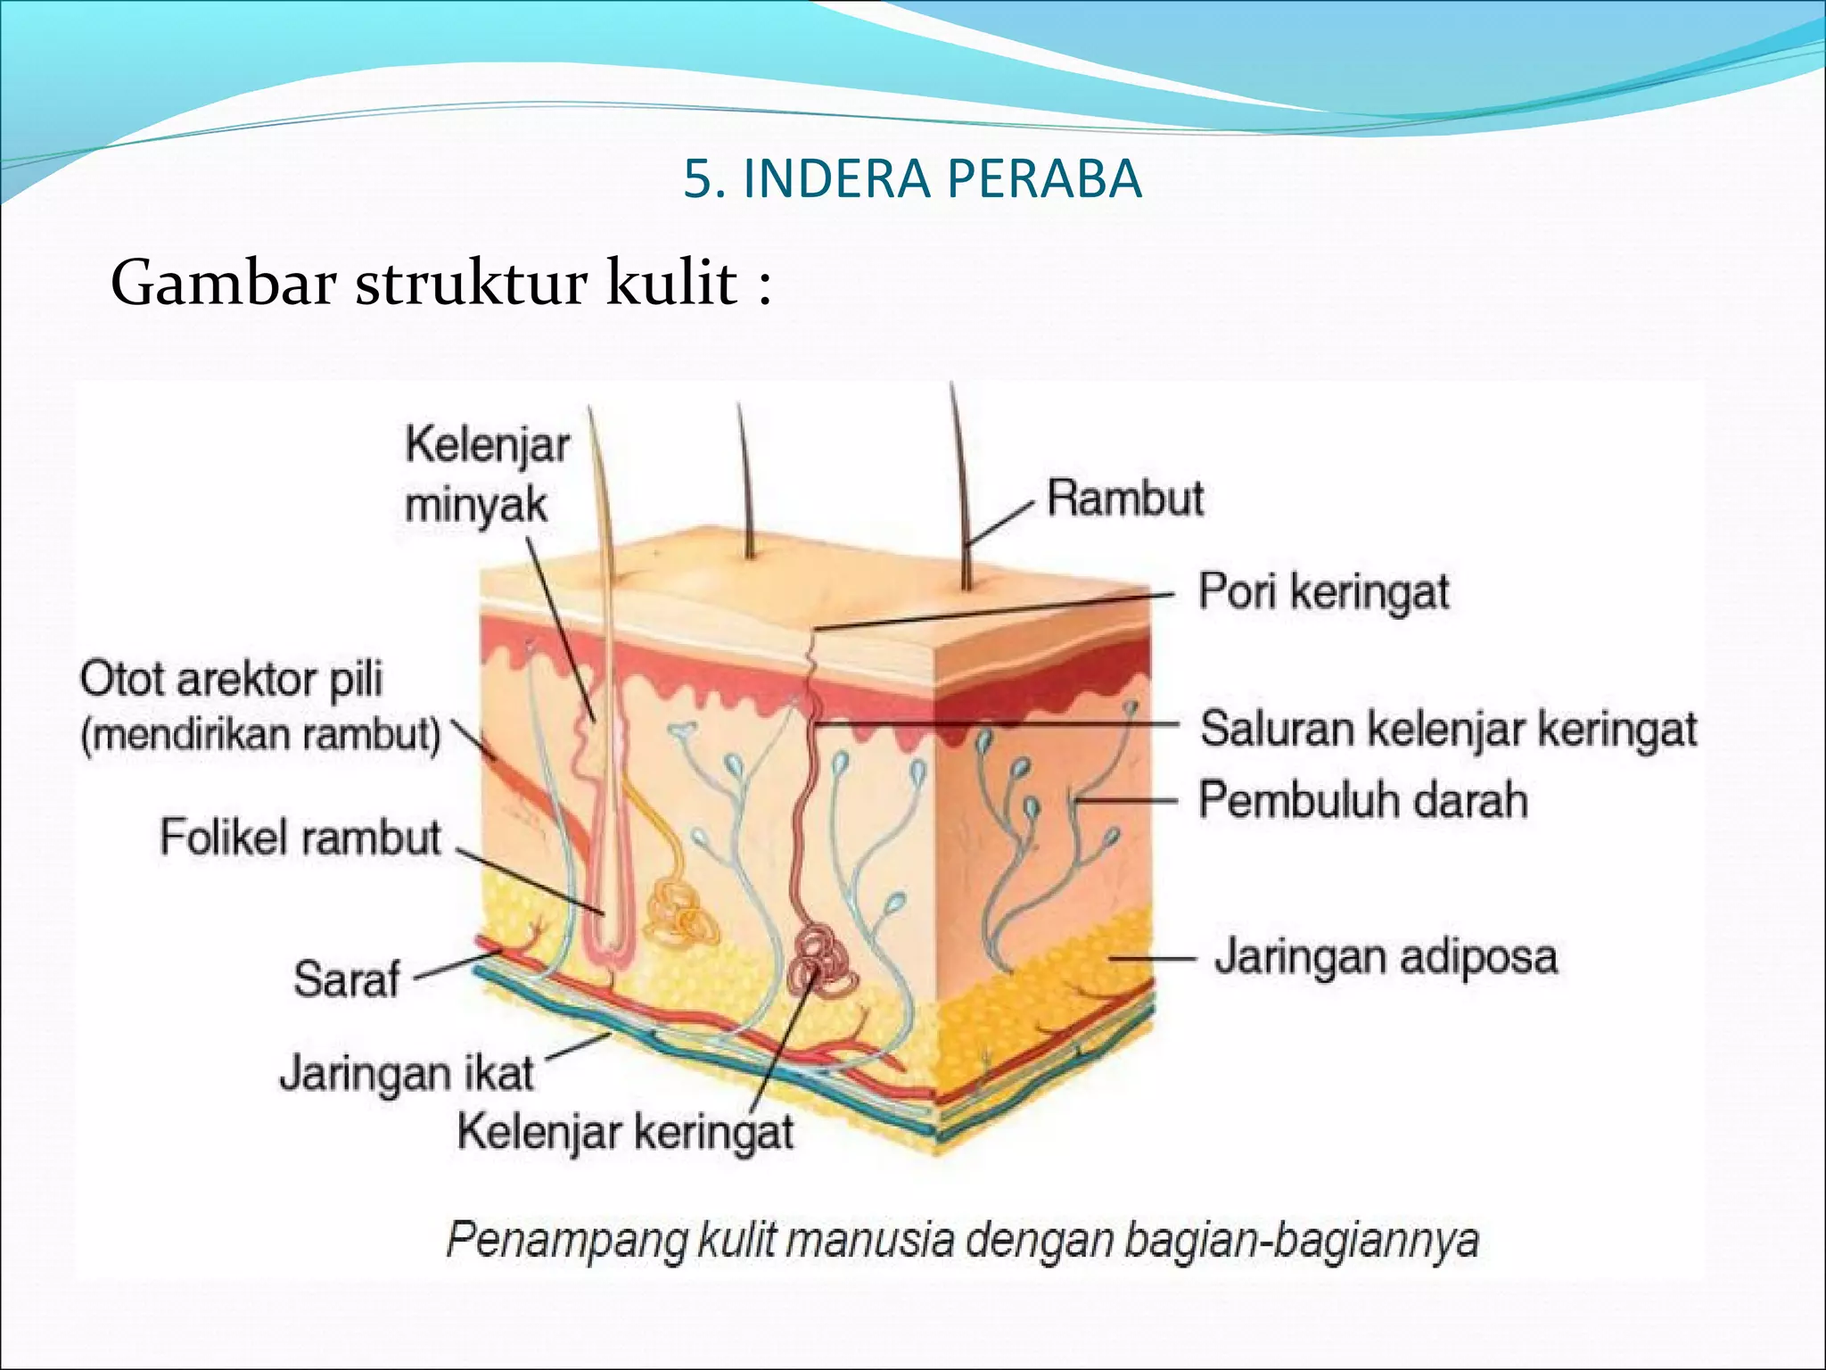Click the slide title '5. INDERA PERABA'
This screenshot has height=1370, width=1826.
[x=912, y=178]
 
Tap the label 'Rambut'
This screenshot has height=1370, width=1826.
[x=1125, y=498]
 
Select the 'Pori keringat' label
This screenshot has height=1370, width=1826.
[x=1323, y=591]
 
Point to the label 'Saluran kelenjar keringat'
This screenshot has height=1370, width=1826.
[x=1448, y=729]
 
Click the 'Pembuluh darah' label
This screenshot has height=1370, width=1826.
[x=1362, y=799]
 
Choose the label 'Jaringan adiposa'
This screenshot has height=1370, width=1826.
[x=1386, y=956]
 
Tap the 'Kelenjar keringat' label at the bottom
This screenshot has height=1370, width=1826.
[x=625, y=1133]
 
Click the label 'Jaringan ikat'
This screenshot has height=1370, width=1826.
[x=407, y=1072]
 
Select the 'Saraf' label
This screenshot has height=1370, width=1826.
[x=347, y=978]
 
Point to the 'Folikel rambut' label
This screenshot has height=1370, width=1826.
[x=300, y=838]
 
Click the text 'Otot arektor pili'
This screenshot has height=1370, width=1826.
[x=232, y=679]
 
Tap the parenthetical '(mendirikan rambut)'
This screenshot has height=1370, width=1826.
[x=260, y=736]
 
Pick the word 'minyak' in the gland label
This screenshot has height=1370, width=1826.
[x=475, y=506]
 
